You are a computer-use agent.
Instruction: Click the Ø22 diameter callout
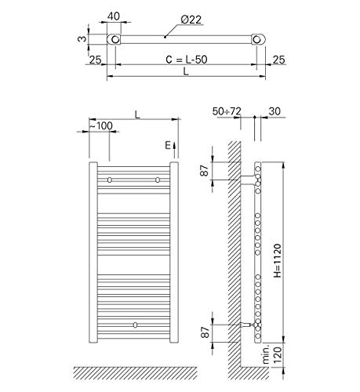[191, 20]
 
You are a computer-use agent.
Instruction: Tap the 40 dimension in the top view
[114, 16]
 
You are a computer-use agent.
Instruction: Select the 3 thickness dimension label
[82, 38]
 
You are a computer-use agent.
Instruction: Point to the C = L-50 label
[187, 60]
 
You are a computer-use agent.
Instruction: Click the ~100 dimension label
[101, 126]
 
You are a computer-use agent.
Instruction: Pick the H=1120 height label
[277, 260]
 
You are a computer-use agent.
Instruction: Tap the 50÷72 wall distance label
[227, 111]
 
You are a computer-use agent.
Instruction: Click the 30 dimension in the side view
[275, 111]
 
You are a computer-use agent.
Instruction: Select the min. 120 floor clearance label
[272, 354]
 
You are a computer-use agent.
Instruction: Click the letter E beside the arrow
[168, 145]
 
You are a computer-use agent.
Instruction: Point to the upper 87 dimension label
[205, 171]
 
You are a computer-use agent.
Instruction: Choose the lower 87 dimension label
[205, 332]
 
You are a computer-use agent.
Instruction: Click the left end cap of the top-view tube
[114, 39]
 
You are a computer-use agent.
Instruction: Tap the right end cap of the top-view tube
[258, 39]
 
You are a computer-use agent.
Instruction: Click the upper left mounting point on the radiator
[110, 180]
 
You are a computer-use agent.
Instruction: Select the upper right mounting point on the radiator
[158, 180]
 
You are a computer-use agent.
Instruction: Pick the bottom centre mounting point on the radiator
[135, 325]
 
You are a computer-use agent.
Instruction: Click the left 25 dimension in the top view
[95, 60]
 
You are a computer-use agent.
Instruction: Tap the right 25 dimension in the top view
[278, 60]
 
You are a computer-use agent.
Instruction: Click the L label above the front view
[137, 114]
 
